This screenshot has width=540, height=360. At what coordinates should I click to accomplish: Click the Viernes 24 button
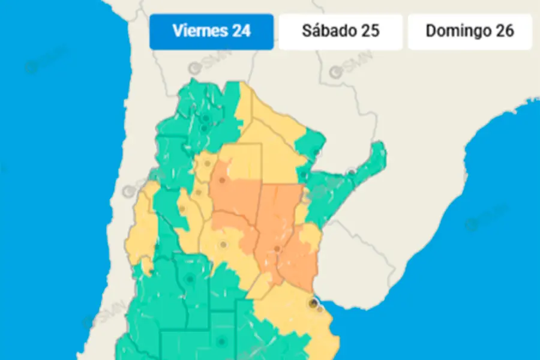coord(211,31)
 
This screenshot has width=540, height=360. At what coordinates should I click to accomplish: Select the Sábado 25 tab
coord(340,31)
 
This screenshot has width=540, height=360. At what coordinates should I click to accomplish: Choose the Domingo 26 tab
coord(469,31)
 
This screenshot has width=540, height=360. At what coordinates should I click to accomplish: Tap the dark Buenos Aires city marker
coord(312,304)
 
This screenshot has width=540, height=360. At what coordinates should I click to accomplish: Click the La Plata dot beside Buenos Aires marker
coord(320,309)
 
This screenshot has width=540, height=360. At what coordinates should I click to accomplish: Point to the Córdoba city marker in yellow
coord(223,244)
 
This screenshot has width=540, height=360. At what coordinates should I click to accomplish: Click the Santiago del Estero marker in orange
coord(222,179)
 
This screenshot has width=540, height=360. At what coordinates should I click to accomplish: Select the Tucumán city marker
coord(208,163)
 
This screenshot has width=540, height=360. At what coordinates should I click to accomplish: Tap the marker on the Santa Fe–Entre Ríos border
coord(277,248)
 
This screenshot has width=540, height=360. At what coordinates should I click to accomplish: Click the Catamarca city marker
coord(198,192)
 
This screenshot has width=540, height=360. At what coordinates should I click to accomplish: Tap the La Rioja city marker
coord(181,209)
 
